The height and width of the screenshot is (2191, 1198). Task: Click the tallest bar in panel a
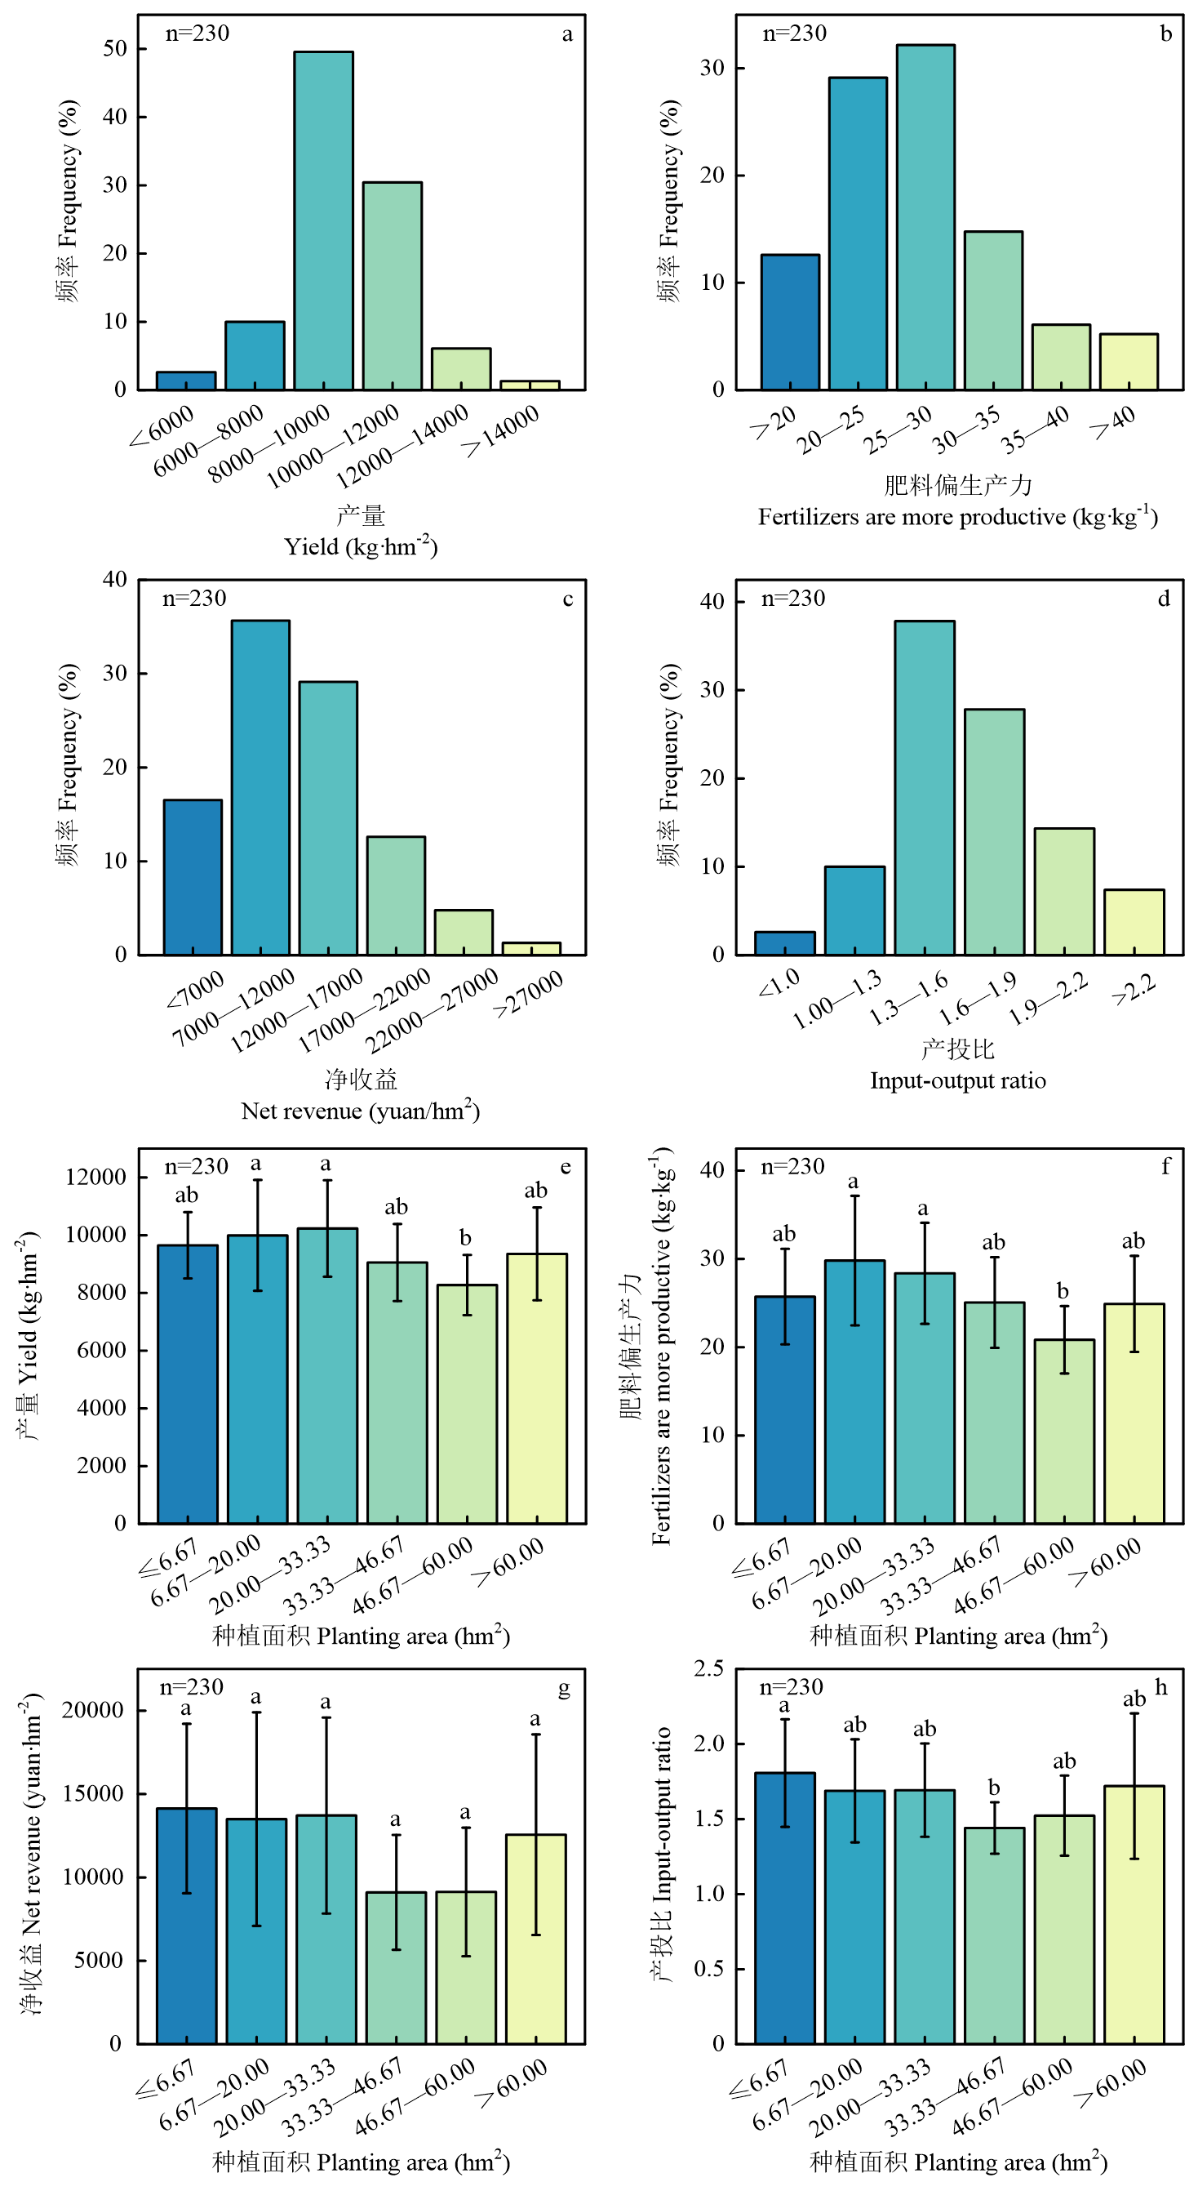[323, 221]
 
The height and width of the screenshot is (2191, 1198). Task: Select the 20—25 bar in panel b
[857, 234]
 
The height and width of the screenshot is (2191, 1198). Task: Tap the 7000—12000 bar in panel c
[260, 787]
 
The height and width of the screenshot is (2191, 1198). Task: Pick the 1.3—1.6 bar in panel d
[925, 787]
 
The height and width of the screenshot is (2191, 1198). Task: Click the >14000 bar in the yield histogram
[530, 385]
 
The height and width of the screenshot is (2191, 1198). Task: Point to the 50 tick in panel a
[115, 49]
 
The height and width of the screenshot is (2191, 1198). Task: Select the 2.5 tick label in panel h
[708, 1668]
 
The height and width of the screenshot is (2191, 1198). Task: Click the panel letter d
[1163, 599]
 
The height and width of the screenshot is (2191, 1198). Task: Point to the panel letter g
[564, 1688]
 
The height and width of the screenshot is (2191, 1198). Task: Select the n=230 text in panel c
[195, 599]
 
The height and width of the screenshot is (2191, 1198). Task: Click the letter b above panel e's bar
[465, 1238]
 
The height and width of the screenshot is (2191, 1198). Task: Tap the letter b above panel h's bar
[994, 1788]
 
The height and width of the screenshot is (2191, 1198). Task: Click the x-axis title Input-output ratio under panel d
[957, 1081]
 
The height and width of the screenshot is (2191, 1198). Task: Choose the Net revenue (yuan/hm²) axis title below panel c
[361, 1111]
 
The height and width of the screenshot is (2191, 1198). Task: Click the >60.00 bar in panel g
[535, 1939]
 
